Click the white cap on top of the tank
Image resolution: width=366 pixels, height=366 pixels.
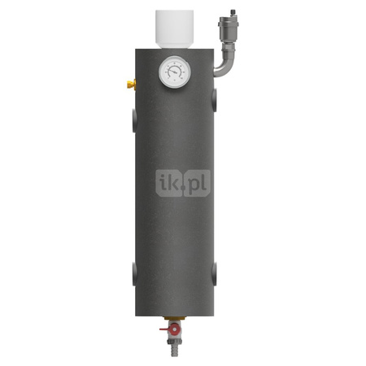(174, 29)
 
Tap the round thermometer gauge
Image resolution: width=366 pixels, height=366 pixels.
(175, 72)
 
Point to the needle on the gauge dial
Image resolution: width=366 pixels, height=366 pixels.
(172, 72)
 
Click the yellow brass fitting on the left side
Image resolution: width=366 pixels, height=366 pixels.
(132, 85)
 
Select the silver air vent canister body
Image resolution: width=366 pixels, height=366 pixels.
(229, 28)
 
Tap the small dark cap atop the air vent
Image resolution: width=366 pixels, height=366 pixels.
(233, 13)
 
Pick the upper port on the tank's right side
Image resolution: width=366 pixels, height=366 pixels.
(215, 100)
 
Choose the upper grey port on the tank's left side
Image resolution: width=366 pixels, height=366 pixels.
(134, 120)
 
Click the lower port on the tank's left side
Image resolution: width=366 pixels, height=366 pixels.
(134, 273)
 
